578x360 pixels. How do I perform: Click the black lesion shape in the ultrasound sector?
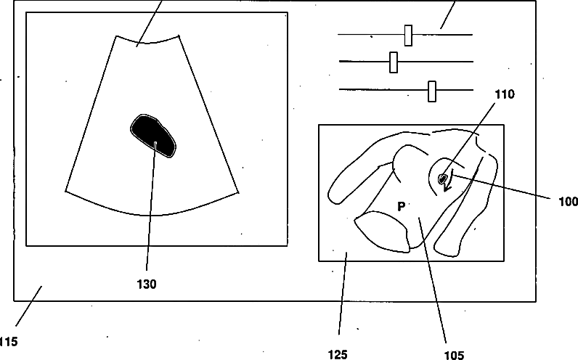point(152,136)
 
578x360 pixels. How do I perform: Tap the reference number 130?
point(146,285)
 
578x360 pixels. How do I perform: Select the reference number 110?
point(505,94)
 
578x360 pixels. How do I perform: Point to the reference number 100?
point(568,201)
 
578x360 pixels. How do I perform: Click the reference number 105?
point(453,355)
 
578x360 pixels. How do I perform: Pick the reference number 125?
point(338,354)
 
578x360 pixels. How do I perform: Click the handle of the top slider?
point(408,35)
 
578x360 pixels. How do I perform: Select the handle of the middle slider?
point(394,62)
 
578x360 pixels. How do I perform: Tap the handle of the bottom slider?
point(432,91)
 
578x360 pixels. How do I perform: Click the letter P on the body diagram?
point(400,207)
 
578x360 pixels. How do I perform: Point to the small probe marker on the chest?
point(442,176)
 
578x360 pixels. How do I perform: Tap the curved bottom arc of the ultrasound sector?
point(152,215)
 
